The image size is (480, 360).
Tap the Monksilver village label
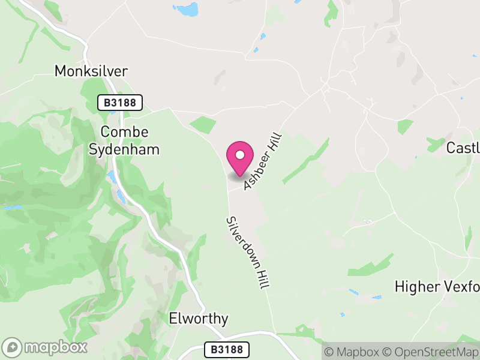coord(91,71)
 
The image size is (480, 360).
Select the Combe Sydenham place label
coord(124,140)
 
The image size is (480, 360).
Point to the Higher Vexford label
coord(437,287)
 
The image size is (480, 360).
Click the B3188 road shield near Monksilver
coord(120,103)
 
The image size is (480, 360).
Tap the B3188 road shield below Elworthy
coord(226,349)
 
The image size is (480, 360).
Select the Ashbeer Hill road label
coord(263,162)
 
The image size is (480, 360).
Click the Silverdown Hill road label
coord(247,253)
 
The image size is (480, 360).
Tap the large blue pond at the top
coord(186,10)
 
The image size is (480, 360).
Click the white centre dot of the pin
coord(240,155)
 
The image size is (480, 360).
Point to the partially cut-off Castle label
coord(464,148)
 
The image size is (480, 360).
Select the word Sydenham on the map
coord(124,149)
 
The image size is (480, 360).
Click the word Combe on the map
coord(124,132)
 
